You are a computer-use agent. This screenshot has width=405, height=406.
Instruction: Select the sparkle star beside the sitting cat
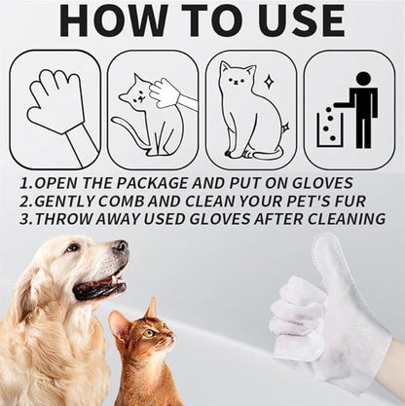pyautogui.click(x=268, y=81)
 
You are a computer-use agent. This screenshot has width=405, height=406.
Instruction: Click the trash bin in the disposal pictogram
pyautogui.click(x=330, y=129)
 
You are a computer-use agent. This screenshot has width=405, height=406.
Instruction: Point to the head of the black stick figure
pyautogui.click(x=363, y=79)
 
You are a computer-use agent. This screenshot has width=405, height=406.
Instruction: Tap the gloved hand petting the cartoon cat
pyautogui.click(x=173, y=94)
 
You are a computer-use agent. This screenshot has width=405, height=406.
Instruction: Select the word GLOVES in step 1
pyautogui.click(x=322, y=183)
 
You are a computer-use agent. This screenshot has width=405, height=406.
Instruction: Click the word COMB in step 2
pyautogui.click(x=122, y=202)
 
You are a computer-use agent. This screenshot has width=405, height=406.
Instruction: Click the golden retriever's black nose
pyautogui.click(x=121, y=246)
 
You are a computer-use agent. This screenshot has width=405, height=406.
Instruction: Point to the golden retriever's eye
pyautogui.click(x=73, y=247)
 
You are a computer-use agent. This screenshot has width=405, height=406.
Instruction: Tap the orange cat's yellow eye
pyautogui.click(x=149, y=333)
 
